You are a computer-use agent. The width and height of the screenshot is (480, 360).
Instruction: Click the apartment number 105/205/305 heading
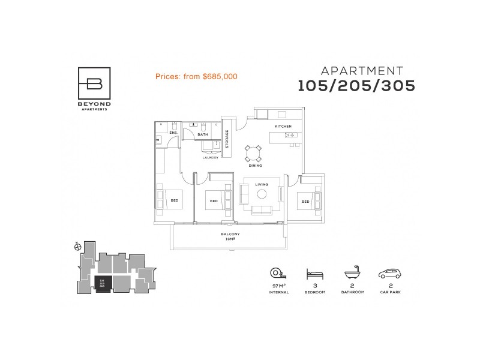(x=357, y=86)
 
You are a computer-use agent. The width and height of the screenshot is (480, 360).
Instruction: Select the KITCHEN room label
(x=283, y=127)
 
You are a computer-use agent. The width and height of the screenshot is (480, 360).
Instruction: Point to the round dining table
(x=253, y=152)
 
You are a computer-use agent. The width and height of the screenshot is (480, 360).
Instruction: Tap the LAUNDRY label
(x=209, y=157)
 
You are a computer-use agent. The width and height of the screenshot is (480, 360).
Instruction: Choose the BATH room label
(x=203, y=134)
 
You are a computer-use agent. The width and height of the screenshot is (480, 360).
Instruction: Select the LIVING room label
(x=262, y=185)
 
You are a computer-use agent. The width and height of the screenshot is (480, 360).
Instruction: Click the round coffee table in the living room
(x=262, y=194)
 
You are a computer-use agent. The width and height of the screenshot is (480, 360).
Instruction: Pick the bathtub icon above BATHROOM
(x=352, y=274)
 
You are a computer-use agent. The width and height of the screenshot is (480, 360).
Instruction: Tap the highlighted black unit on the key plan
(x=103, y=284)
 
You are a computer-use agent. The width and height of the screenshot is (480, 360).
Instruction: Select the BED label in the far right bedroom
(x=305, y=202)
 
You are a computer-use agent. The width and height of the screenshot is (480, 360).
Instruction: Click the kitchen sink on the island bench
(x=292, y=136)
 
